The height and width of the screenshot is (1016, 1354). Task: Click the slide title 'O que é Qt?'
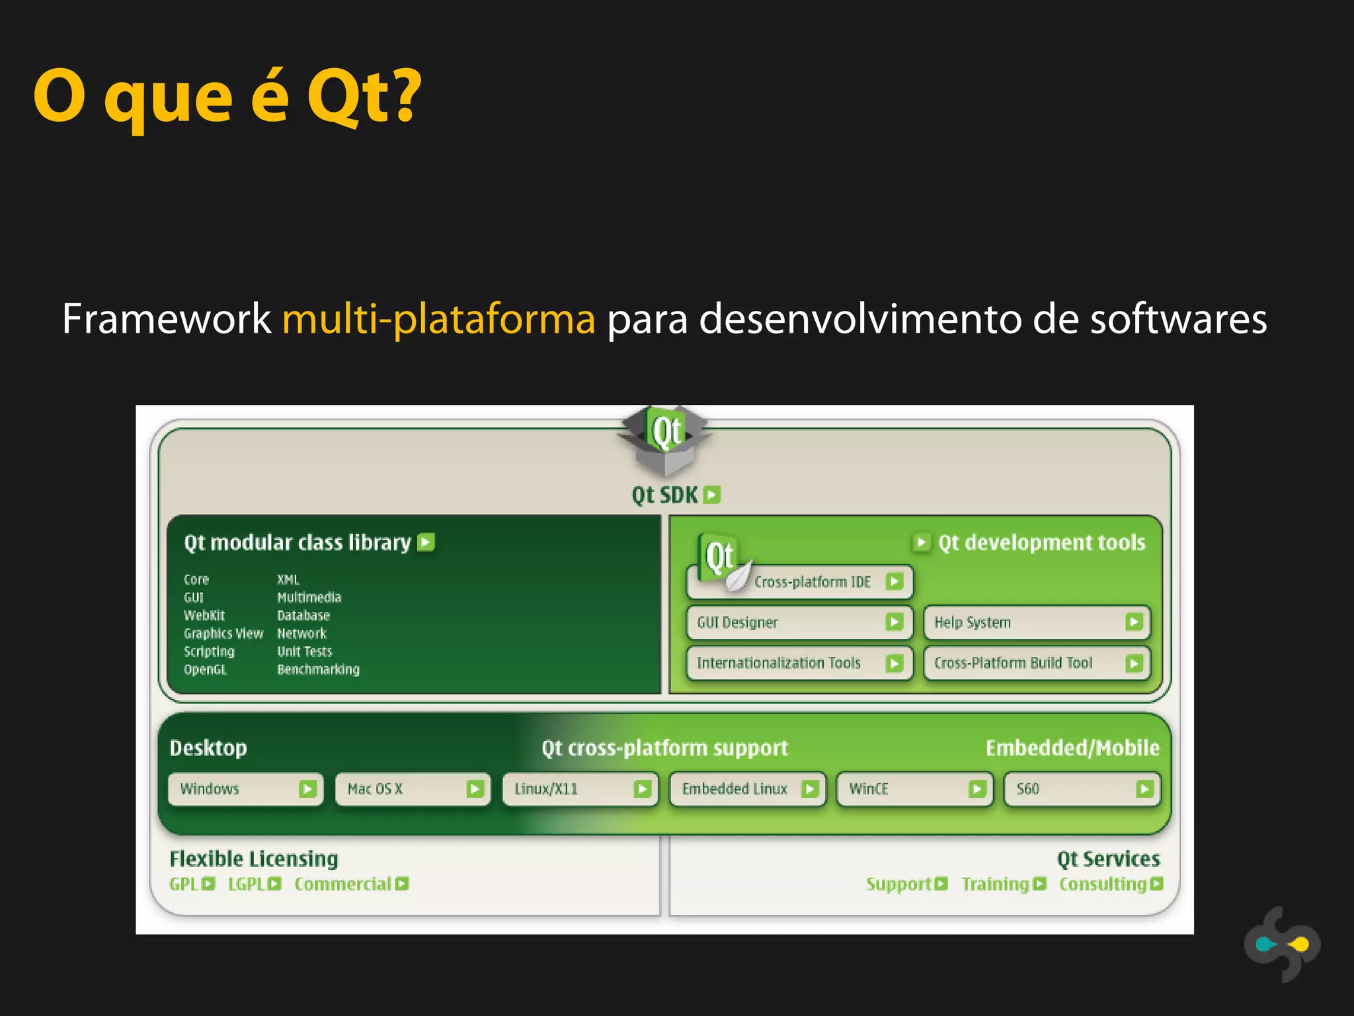tap(227, 97)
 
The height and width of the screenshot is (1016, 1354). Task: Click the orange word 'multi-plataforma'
tap(438, 319)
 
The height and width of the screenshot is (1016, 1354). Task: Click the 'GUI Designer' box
tap(799, 622)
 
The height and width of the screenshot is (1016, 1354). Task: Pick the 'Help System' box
tap(1037, 622)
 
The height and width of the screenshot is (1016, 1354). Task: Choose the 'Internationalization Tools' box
tap(799, 663)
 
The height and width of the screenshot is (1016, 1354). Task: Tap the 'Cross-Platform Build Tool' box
tap(1037, 663)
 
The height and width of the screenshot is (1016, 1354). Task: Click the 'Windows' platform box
tap(245, 789)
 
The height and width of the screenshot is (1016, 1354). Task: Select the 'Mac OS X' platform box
tap(413, 789)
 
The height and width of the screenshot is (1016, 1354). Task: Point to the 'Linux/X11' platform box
tap(580, 789)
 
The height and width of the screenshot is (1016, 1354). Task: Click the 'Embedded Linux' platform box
tap(747, 789)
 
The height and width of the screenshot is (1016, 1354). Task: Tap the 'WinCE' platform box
tap(914, 789)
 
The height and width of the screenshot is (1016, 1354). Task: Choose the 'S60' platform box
tap(1082, 789)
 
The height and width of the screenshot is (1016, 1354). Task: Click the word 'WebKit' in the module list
tap(204, 615)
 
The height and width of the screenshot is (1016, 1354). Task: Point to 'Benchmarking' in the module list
tap(318, 669)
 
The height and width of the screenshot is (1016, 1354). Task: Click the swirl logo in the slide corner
tap(1282, 944)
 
